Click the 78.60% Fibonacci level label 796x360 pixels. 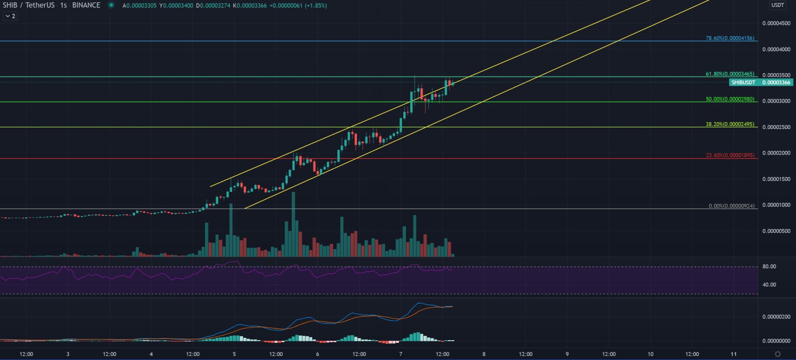coord(730,38)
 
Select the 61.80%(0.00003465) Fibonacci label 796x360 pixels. coord(730,74)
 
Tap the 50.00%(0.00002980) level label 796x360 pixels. coord(730,99)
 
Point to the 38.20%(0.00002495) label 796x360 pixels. coord(730,124)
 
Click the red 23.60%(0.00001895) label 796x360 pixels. coord(730,156)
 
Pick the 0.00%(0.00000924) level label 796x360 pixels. coord(731,206)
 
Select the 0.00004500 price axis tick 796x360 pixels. coord(776,23)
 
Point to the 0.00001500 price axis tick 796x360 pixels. coord(776,179)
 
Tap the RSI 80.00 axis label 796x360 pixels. coord(769,266)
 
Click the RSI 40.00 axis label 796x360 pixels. coord(769,285)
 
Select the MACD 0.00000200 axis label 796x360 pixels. coord(776,317)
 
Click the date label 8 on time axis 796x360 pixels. coord(484,354)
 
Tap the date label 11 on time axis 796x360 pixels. coord(733,354)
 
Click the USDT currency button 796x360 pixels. coord(777,5)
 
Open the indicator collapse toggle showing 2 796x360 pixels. coord(10,16)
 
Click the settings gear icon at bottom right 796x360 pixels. coord(778,354)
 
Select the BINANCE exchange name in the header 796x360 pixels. coord(86,5)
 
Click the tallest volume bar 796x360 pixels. coord(293,225)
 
